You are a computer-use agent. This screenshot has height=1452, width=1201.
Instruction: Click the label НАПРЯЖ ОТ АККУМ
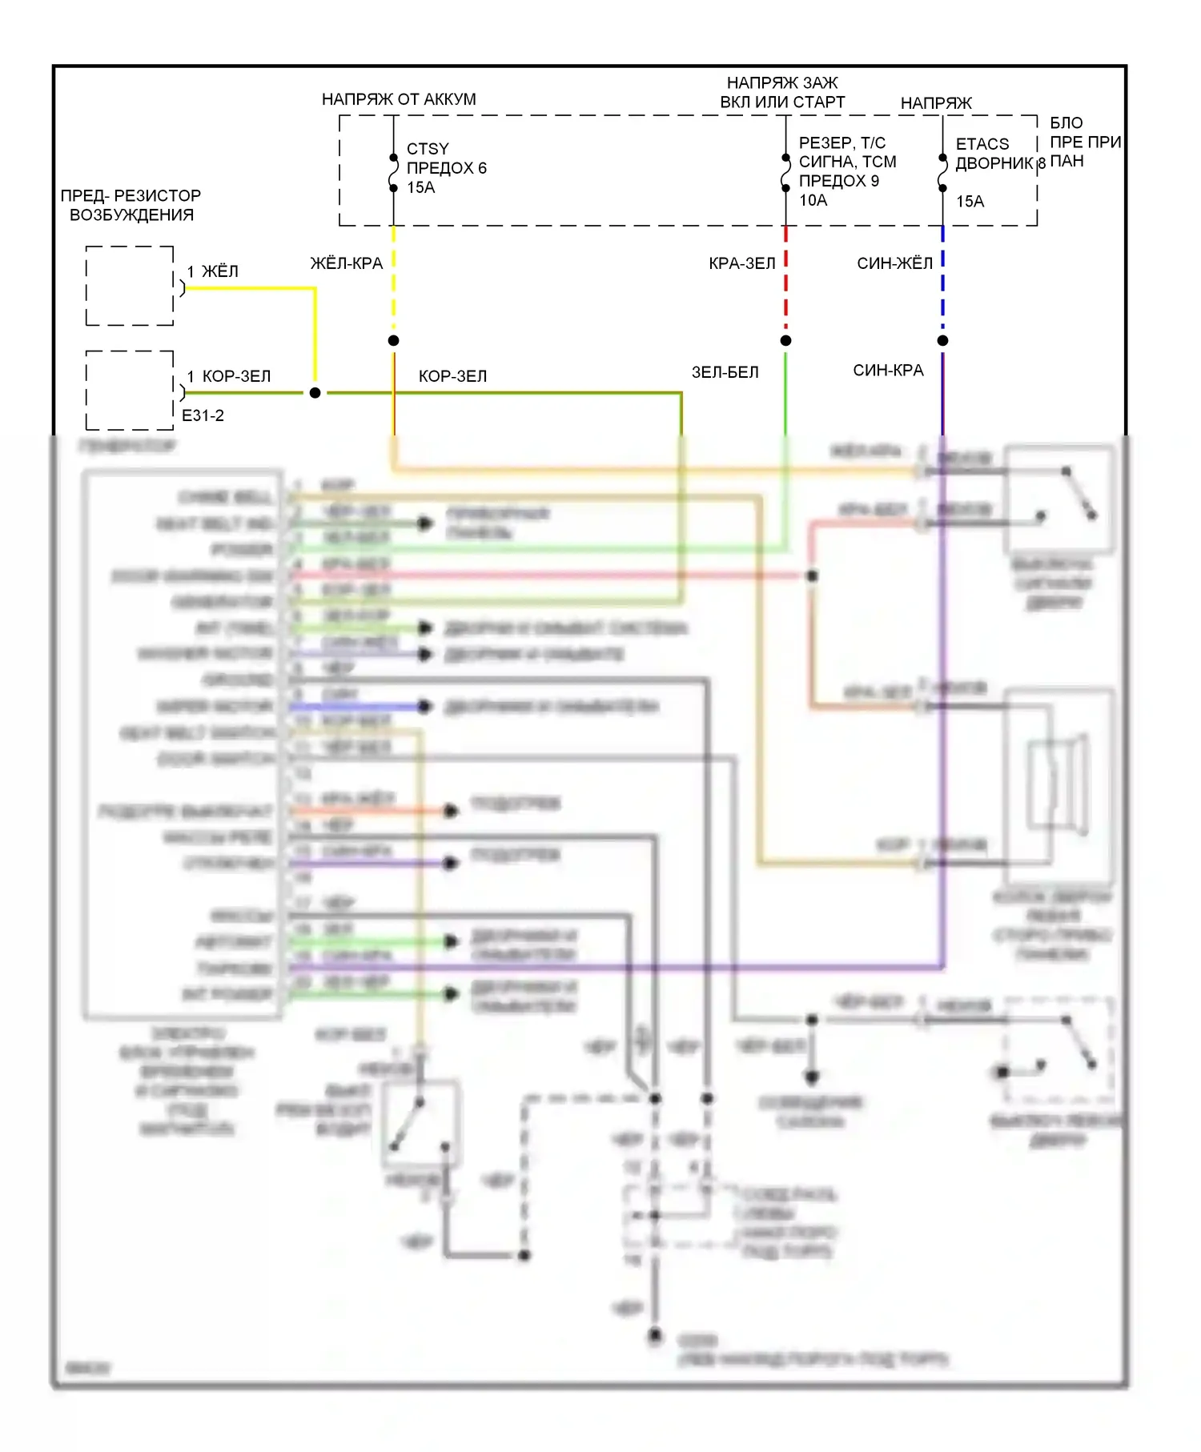(x=398, y=99)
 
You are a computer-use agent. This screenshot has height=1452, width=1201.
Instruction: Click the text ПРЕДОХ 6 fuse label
(x=446, y=168)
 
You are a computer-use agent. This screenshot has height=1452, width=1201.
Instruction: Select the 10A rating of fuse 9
(x=813, y=200)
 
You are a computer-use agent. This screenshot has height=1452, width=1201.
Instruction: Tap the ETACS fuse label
(x=982, y=144)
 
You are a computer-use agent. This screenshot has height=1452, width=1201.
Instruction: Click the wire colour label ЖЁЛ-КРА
(x=346, y=263)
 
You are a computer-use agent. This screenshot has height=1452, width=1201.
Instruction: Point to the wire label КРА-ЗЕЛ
(x=741, y=263)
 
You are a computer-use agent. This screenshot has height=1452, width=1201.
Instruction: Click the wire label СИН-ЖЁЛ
(x=894, y=263)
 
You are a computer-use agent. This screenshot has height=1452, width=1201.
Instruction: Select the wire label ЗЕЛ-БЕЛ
(x=725, y=372)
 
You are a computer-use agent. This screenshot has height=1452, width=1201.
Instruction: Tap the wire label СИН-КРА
(x=887, y=371)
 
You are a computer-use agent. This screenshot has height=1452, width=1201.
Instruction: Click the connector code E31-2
(x=203, y=415)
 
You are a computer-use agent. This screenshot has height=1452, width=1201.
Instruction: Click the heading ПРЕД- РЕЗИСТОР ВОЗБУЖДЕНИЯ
(x=131, y=205)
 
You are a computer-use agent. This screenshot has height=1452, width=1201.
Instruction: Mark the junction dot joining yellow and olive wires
(x=315, y=393)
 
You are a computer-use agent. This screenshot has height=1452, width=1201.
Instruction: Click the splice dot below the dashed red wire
(x=785, y=341)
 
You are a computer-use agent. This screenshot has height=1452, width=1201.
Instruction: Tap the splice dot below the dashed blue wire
(x=942, y=341)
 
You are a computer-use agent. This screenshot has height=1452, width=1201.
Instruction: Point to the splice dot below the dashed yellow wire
(x=393, y=341)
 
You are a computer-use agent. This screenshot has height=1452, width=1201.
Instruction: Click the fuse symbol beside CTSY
(x=393, y=172)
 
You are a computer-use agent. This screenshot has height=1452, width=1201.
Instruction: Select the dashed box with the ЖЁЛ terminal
(x=130, y=286)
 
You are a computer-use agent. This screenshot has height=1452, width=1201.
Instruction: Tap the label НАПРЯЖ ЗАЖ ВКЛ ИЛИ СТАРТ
(x=781, y=92)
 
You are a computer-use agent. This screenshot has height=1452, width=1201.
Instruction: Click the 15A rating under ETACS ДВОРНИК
(x=969, y=202)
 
